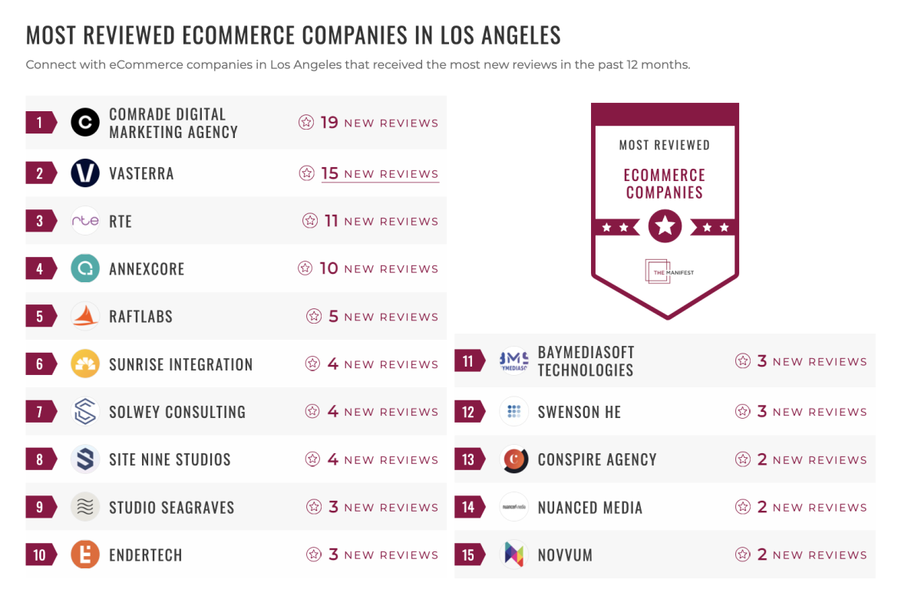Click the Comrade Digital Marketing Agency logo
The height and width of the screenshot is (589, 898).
[x=85, y=123]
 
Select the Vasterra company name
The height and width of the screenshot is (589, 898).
[x=141, y=173]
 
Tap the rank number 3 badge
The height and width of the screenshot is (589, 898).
[x=40, y=221]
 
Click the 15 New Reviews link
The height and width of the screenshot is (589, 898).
[x=380, y=173]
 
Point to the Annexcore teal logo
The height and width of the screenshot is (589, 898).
[x=85, y=268]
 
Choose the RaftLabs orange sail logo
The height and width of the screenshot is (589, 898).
[x=85, y=316]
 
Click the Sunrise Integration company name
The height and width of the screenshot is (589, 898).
[x=180, y=364]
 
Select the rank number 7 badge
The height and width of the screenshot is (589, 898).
[x=40, y=412]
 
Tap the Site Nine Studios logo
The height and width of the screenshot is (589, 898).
[x=85, y=459]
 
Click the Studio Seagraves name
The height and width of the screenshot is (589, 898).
[x=171, y=507]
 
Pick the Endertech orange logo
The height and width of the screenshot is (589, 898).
[x=85, y=554]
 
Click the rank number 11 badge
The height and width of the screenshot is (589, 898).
[x=468, y=361]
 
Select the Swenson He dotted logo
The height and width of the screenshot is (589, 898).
[x=513, y=412]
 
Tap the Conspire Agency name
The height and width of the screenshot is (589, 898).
[x=597, y=459]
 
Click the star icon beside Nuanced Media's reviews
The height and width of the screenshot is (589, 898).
[x=742, y=507]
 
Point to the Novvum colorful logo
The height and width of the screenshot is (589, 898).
[x=513, y=554]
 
